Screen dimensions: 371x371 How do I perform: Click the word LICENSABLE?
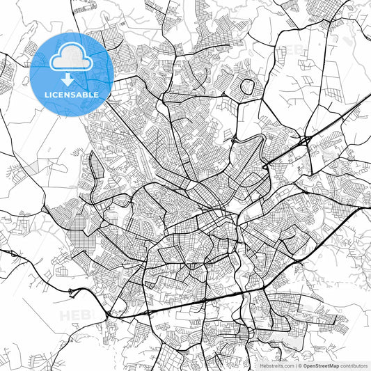[72, 94]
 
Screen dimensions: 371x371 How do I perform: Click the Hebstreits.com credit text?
[276, 365]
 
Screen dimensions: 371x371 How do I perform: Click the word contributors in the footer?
[354, 365]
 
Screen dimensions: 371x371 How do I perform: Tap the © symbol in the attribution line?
[300, 365]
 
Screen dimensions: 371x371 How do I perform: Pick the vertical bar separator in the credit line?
[295, 365]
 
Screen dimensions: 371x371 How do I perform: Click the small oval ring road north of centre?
[246, 86]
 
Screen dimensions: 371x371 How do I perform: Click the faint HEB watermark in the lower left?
[73, 315]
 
